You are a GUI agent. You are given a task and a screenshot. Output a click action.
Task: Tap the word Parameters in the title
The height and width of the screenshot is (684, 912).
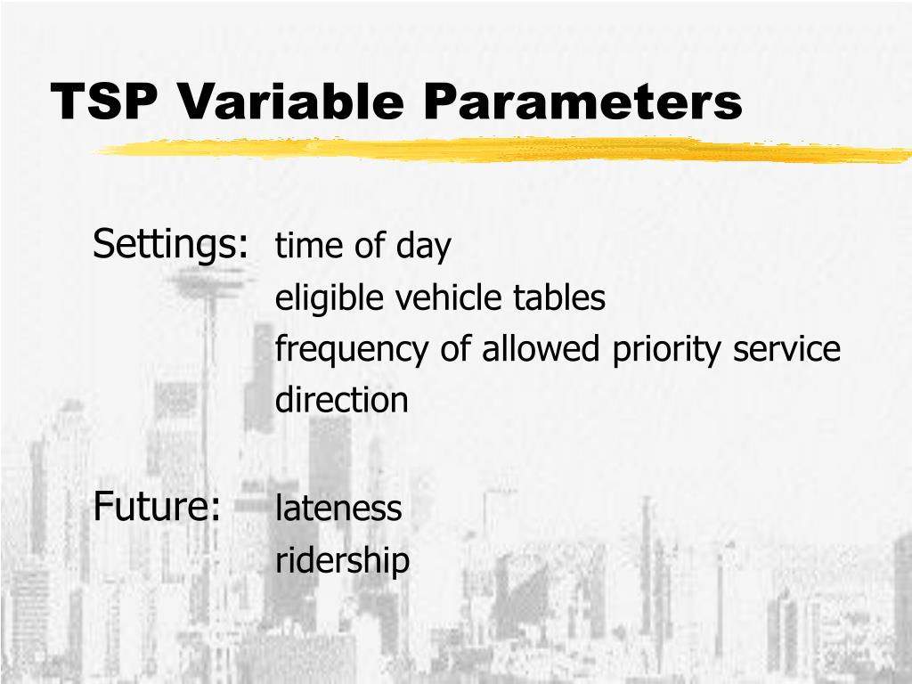coord(582,102)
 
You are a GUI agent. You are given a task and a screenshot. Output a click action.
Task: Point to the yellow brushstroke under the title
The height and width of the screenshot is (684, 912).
coord(499,151)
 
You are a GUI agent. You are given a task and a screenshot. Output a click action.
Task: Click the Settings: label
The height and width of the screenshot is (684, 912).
coord(170,244)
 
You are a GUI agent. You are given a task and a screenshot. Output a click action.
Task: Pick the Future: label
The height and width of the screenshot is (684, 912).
coord(157,507)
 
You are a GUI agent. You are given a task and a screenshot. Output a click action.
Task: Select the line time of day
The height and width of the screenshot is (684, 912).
coord(363,246)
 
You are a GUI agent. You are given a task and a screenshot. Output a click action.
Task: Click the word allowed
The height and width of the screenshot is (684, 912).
coord(542,348)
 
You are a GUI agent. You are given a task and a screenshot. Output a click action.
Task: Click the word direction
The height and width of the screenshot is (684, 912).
coord(342,400)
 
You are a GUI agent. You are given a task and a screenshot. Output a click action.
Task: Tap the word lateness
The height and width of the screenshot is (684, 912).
coord(338,509)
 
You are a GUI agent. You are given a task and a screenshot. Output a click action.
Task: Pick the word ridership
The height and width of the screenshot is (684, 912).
coord(342,560)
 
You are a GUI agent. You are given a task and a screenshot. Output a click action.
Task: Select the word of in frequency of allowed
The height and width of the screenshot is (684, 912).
coord(458,348)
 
